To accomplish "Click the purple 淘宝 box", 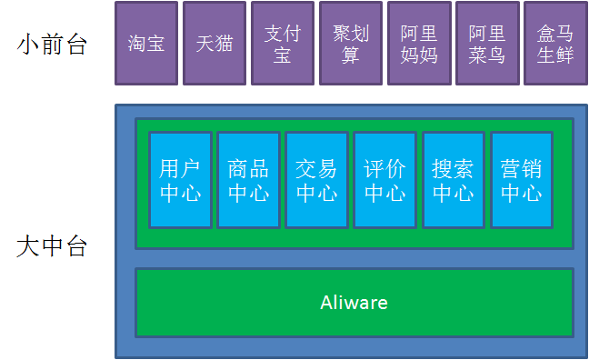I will [x=146, y=44].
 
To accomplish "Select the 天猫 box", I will [x=215, y=44].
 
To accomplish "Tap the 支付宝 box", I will [x=283, y=44].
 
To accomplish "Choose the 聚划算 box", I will [x=351, y=44].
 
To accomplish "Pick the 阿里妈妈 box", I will [x=419, y=44].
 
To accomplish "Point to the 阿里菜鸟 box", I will [x=487, y=44].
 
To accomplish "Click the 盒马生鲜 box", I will [x=555, y=44].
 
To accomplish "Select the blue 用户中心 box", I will [x=180, y=180].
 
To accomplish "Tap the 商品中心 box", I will [x=248, y=180].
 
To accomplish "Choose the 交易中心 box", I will [x=316, y=180].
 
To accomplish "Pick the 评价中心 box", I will [x=384, y=180].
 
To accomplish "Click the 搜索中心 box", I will [x=453, y=180].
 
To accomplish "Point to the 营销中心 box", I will [x=521, y=180].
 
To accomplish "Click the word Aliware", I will [x=354, y=303].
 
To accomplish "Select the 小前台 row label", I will [x=52, y=44].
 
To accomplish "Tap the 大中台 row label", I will [x=52, y=246].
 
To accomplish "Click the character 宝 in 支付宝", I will [x=283, y=55].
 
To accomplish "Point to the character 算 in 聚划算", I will [x=351, y=55].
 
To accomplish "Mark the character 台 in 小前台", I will [x=75, y=44].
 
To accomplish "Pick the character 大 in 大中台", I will [x=28, y=246].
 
